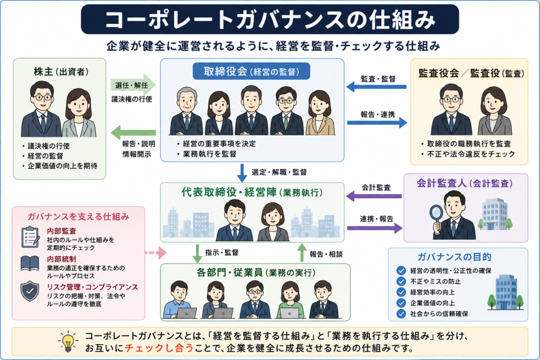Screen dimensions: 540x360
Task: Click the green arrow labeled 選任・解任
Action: click(133, 85)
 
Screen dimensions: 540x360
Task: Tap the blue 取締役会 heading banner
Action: click(251, 71)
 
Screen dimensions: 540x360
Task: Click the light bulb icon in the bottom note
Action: click(68, 342)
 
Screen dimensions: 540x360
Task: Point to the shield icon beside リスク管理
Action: click(30, 291)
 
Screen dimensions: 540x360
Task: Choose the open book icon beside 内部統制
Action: click(30, 264)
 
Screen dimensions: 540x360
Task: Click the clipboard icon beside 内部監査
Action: click(30, 237)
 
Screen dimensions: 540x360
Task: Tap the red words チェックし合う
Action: click(159, 348)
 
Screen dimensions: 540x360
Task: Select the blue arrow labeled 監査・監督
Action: click(377, 86)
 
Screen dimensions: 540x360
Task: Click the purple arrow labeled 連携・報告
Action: click(375, 228)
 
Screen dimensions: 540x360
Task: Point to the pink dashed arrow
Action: click(156, 253)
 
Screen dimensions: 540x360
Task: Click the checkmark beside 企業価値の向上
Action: click(401, 303)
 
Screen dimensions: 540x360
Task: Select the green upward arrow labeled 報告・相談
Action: click(302, 252)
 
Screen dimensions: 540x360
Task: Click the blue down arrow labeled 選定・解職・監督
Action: click(242, 173)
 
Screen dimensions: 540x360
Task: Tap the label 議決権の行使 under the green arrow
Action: click(131, 99)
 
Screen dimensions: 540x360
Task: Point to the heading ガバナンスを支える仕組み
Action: click(78, 217)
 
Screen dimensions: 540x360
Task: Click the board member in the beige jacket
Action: click(320, 113)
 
